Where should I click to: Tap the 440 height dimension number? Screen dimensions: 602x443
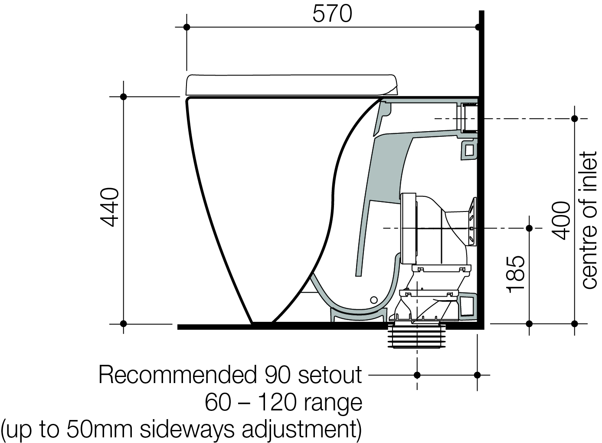coord(109,207)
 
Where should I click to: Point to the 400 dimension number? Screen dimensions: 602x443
coord(561,221)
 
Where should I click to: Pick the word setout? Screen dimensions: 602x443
coord(330,375)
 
